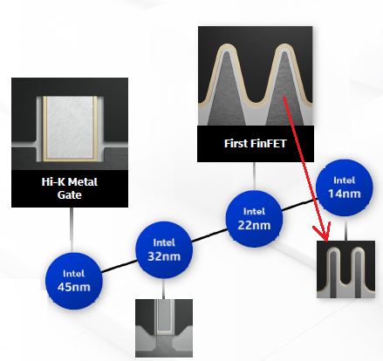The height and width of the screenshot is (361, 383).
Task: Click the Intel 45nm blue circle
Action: click(74, 281)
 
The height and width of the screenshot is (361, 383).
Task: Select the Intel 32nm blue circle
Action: click(164, 249)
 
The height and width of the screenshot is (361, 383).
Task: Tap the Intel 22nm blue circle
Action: click(254, 219)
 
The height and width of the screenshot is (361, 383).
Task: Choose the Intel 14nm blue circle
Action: click(345, 187)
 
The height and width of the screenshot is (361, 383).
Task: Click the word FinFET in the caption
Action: click(269, 144)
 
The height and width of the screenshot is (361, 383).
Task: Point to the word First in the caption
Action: click(236, 144)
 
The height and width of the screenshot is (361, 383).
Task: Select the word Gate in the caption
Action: click(70, 194)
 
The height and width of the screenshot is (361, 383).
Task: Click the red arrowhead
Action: click(324, 233)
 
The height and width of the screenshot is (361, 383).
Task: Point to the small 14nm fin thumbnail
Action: click(345, 269)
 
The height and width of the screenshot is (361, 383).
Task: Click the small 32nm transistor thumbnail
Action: click(164, 328)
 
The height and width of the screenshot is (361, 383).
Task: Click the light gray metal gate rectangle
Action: click(70, 128)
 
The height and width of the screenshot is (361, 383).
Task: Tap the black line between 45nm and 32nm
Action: click(119, 266)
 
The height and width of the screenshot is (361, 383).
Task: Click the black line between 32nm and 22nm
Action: click(209, 235)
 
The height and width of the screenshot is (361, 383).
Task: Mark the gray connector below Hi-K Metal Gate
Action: click(71, 230)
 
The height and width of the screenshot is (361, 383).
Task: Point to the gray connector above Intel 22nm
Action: click(255, 176)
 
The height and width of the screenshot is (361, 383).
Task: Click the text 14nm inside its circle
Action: click(345, 194)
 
